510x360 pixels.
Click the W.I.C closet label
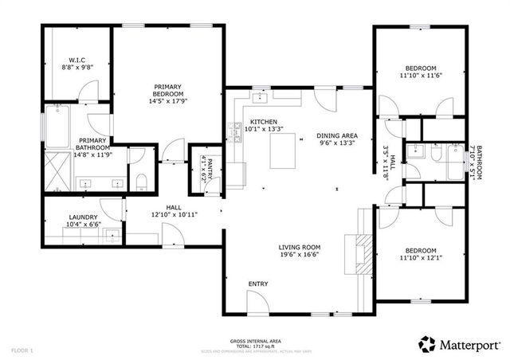[x=76, y=65]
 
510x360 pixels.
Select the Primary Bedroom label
[x=168, y=94]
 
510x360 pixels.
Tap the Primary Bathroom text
[x=93, y=149]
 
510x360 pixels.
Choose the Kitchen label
[x=262, y=124]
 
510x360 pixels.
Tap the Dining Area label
[x=335, y=139]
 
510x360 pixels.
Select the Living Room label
[x=299, y=251]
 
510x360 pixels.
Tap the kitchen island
[x=281, y=151]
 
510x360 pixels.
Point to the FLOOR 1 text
[x=22, y=350]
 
